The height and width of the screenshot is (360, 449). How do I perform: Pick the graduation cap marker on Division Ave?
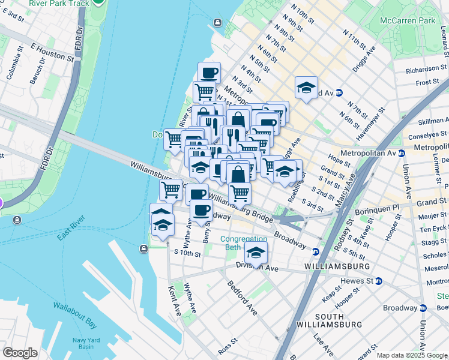256,253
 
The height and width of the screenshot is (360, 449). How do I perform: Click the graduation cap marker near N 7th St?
306,88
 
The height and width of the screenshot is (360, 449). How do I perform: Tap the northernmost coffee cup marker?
209,73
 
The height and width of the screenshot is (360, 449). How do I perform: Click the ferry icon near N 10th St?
217,23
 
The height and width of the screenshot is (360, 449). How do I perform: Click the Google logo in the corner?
20,353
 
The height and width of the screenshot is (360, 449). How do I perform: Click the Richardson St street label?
427,70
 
